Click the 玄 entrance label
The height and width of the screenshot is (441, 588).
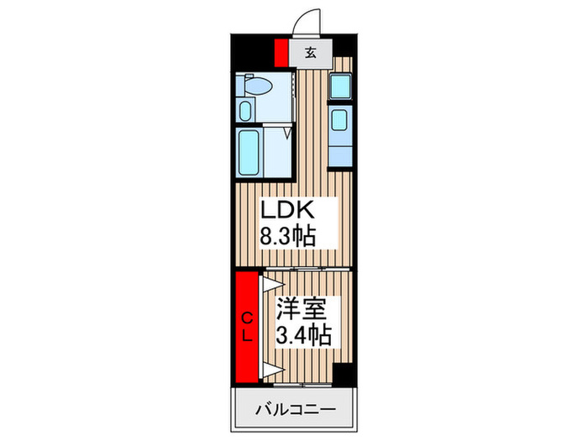(x=310, y=53)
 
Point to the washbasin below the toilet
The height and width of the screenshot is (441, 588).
(x=245, y=111)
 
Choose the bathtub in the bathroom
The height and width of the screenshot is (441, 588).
(x=249, y=152)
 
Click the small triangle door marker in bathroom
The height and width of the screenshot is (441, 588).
(x=287, y=133)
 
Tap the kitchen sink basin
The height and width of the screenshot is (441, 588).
(x=339, y=119)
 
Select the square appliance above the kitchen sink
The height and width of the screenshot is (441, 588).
(x=340, y=87)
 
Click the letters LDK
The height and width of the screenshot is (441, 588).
(x=287, y=210)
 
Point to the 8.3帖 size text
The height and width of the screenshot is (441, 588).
(x=287, y=236)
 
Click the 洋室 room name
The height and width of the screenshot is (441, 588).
(x=301, y=308)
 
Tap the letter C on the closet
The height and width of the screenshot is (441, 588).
(x=246, y=318)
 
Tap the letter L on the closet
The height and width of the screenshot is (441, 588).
(x=246, y=337)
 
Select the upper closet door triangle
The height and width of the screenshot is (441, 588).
(x=272, y=284)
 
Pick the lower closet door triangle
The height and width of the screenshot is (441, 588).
(x=272, y=370)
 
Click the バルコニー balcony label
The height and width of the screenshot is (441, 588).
(x=296, y=410)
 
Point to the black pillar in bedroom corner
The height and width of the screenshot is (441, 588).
(x=343, y=374)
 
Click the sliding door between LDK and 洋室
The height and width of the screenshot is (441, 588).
(x=307, y=269)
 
